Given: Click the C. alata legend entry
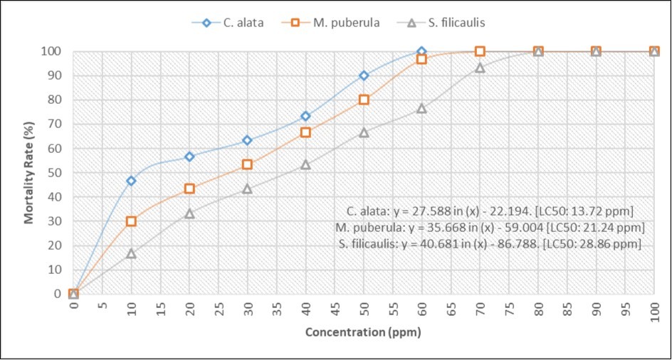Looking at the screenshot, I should (x=235, y=23).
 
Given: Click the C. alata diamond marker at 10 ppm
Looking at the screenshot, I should (x=131, y=181).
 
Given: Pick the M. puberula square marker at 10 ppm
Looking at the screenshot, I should (x=131, y=221).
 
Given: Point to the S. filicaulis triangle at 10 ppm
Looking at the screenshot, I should (x=131, y=253).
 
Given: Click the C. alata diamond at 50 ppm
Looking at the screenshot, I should (x=364, y=75).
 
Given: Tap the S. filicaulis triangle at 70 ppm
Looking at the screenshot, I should (x=480, y=68).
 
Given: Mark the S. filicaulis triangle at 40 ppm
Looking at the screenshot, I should (x=305, y=164).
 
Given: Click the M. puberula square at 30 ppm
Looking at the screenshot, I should (x=247, y=164).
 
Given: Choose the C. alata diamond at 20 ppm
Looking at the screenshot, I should (x=189, y=157).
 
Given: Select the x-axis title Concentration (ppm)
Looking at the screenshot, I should (x=363, y=332).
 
